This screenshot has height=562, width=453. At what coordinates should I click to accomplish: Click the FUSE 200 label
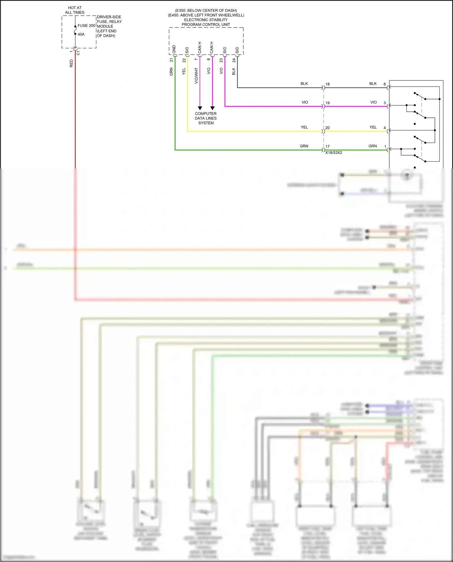(x=86, y=26)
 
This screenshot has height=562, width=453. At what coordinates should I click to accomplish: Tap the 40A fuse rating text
(x=81, y=34)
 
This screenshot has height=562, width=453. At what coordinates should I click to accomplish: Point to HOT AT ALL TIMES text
(x=75, y=10)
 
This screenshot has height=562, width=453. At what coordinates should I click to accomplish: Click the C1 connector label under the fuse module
(x=78, y=53)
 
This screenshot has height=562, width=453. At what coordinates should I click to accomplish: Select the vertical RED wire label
(x=71, y=63)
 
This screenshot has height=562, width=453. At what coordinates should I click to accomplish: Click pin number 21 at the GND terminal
(x=171, y=60)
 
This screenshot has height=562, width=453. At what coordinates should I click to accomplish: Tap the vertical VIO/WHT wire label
(x=196, y=75)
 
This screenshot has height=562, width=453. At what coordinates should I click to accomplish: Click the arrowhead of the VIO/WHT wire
(x=200, y=108)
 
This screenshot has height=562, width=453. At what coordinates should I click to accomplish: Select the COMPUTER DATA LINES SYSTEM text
(x=206, y=118)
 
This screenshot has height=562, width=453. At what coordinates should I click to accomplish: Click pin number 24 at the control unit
(x=234, y=60)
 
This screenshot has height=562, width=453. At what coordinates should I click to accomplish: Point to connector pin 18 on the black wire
(x=327, y=84)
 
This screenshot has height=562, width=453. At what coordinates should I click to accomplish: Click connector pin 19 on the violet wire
(x=327, y=103)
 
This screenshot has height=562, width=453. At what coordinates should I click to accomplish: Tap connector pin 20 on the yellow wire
(x=327, y=128)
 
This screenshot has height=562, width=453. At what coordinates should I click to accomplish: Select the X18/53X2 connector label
(x=334, y=153)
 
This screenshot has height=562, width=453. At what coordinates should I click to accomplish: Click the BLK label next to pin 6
(x=373, y=84)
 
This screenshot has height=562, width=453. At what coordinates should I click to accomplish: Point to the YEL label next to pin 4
(x=373, y=127)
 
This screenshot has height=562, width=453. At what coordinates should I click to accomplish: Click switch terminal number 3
(x=385, y=103)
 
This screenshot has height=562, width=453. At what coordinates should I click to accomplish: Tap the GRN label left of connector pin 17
(x=304, y=146)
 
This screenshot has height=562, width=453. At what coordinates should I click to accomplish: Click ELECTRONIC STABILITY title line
(x=206, y=20)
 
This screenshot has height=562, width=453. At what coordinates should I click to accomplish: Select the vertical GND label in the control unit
(x=174, y=50)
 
